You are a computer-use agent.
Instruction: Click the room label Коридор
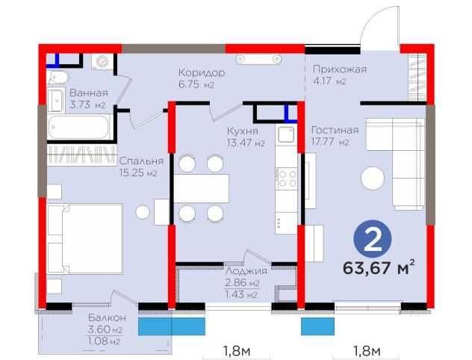tap(202, 73)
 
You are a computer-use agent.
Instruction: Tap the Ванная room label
tap(88, 93)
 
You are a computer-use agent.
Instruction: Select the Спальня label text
tap(141, 161)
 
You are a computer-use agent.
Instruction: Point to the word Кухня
tap(243, 131)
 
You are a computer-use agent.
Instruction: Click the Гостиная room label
tap(335, 130)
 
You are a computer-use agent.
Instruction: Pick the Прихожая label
tap(340, 69)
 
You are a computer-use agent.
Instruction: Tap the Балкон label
tap(107, 317)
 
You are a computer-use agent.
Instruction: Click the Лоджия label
tap(246, 271)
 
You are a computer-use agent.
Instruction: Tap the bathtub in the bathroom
tap(79, 127)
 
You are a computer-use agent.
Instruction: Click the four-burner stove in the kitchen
tap(286, 179)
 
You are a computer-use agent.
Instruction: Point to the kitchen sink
tap(286, 134)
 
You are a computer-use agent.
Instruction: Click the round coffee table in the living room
tap(373, 179)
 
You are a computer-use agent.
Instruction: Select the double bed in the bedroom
tap(85, 239)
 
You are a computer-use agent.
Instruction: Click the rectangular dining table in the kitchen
tap(202, 188)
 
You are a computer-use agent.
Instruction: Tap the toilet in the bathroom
tap(58, 78)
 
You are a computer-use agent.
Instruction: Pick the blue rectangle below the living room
tap(318, 326)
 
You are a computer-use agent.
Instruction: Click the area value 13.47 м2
tap(246, 143)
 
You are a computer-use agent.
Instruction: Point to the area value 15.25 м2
tap(138, 173)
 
